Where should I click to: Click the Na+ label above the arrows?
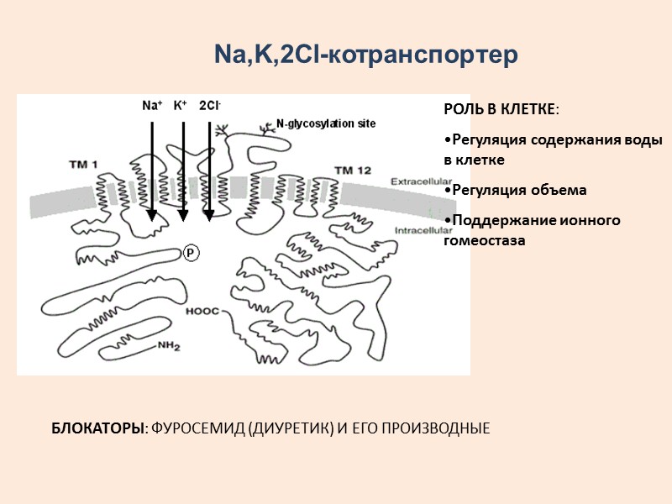pyautogui.click(x=152, y=106)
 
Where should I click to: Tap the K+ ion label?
pyautogui.click(x=180, y=106)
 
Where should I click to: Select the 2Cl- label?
pyautogui.click(x=210, y=106)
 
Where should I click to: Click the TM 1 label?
pyautogui.click(x=84, y=163)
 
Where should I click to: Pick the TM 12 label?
pyautogui.click(x=353, y=171)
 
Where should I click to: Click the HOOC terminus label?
pyautogui.click(x=202, y=311)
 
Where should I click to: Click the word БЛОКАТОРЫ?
pyautogui.click(x=98, y=428)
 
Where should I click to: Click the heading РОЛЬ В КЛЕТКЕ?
pyautogui.click(x=499, y=110)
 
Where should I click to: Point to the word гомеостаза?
pyautogui.click(x=485, y=240)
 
